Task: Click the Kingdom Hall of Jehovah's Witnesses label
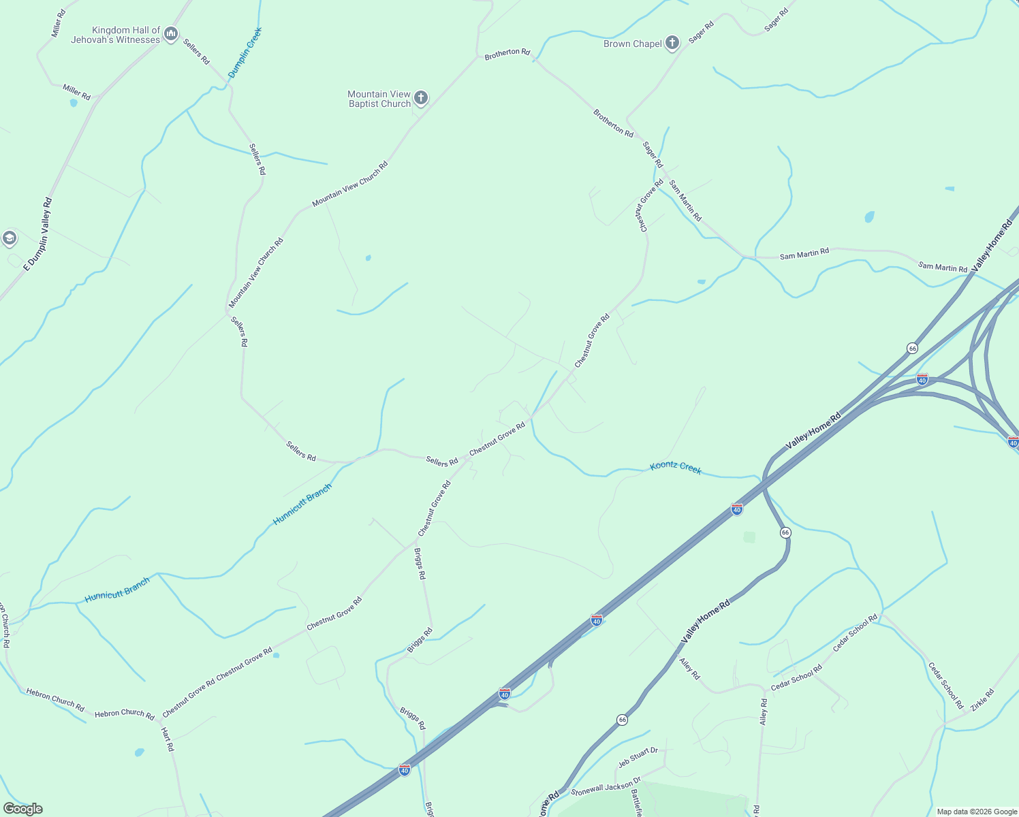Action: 115,35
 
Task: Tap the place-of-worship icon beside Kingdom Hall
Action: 171,33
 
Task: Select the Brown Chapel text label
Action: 632,44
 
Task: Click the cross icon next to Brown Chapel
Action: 672,43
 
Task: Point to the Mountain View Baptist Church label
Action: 379,99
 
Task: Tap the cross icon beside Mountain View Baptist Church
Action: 421,98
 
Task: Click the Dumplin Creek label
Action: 245,52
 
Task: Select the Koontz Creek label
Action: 675,468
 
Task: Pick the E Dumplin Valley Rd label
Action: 38,235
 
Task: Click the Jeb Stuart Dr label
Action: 638,757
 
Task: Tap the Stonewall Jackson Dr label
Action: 606,787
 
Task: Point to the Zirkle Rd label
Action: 982,701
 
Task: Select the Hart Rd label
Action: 167,739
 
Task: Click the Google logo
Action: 23,809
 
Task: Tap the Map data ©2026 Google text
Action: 977,812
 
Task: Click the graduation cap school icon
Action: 10,238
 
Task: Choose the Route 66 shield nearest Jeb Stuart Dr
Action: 622,720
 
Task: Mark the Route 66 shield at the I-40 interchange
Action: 912,349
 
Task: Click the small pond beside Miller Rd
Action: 74,103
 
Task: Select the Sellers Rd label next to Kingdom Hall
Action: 196,51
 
